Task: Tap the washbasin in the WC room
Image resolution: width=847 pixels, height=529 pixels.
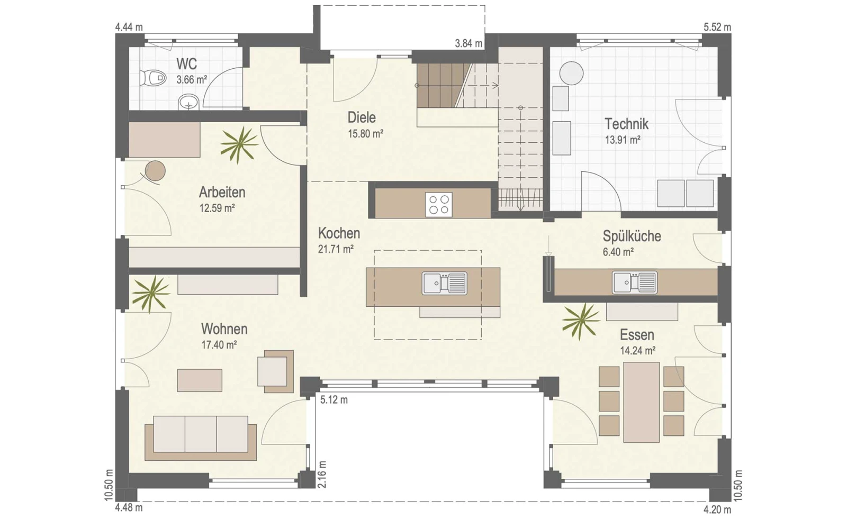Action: (188, 102)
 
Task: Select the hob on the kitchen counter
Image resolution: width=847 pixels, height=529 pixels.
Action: (439, 205)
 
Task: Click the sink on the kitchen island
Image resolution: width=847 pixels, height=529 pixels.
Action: (444, 283)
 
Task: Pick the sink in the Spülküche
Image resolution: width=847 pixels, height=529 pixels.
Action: (635, 282)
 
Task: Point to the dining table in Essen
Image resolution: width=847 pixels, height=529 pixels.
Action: (641, 402)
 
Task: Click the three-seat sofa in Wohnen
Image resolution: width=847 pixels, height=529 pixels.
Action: (201, 438)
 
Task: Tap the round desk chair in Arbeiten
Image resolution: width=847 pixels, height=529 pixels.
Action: (156, 171)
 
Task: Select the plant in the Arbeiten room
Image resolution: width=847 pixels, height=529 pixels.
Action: (239, 144)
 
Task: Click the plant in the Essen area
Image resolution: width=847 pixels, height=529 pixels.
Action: (581, 321)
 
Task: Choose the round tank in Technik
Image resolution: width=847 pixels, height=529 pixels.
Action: (571, 74)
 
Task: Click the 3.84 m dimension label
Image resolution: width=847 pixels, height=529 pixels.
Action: (468, 43)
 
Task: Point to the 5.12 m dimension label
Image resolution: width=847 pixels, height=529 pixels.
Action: (334, 400)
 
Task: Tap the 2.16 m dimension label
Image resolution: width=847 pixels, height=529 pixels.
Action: (322, 475)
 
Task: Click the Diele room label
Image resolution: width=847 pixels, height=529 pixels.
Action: (362, 117)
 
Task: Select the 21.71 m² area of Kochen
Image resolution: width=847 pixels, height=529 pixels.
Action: (336, 249)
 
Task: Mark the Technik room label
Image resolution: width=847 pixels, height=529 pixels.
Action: (626, 124)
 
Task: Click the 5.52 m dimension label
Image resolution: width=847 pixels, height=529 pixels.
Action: (717, 27)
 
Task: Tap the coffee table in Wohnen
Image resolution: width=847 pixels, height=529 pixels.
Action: (200, 380)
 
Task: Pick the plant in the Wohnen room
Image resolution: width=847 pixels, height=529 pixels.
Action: (151, 294)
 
